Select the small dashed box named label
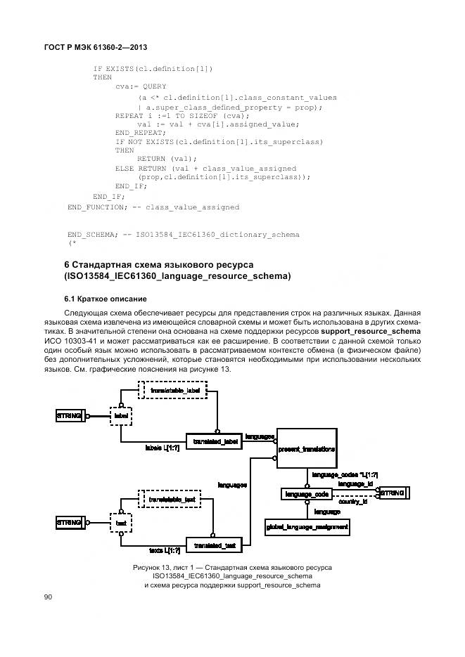[120, 416]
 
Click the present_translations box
[305, 448]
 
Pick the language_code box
[307, 495]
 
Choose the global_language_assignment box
[307, 526]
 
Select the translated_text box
[214, 545]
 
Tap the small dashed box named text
[120, 523]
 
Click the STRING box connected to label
[69, 416]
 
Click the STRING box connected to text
[69, 523]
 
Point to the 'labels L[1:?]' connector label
[161, 447]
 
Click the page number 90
[49, 597]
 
